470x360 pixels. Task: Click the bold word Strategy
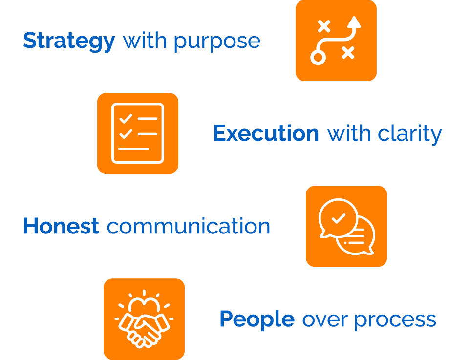point(69,41)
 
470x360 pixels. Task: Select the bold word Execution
point(266,133)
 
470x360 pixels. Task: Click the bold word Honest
point(61,226)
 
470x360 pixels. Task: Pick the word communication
point(188,226)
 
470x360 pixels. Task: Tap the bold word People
point(256,319)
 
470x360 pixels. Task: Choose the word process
point(395,319)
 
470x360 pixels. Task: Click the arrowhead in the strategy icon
point(355,21)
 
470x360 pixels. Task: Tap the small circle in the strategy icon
point(318,58)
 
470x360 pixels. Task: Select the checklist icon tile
point(138,133)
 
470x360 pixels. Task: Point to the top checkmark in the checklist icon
point(126,118)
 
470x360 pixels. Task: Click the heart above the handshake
point(144,306)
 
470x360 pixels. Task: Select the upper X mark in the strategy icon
point(323,26)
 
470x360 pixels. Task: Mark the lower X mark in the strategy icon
point(348,52)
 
